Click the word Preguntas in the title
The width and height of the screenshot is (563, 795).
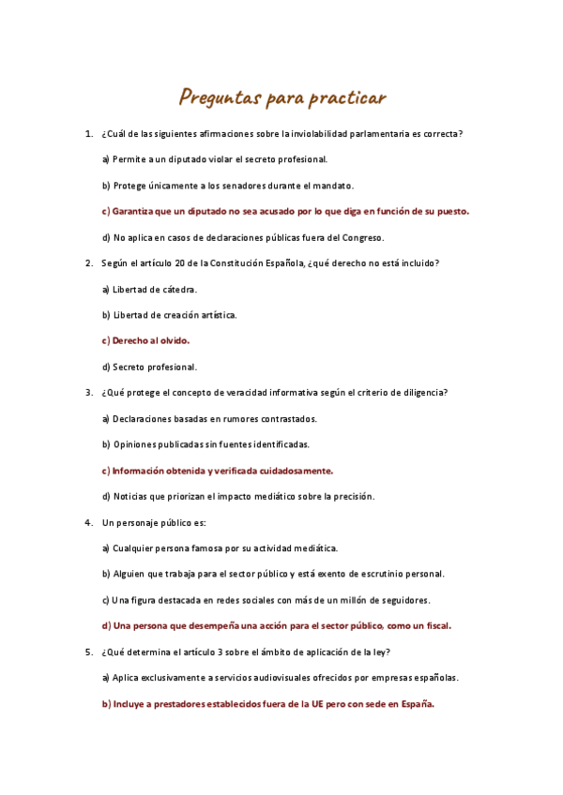click(220, 97)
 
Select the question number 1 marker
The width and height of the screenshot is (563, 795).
click(88, 134)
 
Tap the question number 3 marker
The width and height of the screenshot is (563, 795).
click(88, 393)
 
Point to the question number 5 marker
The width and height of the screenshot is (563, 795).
click(88, 652)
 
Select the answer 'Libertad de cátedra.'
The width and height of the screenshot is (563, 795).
click(154, 289)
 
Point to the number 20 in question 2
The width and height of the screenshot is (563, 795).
click(171, 263)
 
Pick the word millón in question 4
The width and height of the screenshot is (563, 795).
click(346, 599)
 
